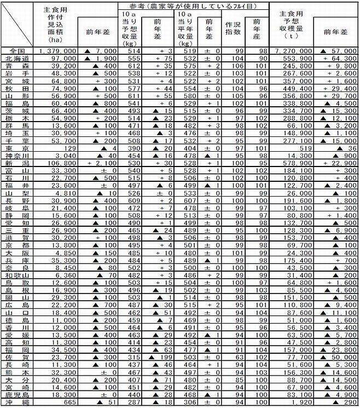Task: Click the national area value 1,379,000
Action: coord(57,50)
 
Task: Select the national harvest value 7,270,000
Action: coord(294,50)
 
